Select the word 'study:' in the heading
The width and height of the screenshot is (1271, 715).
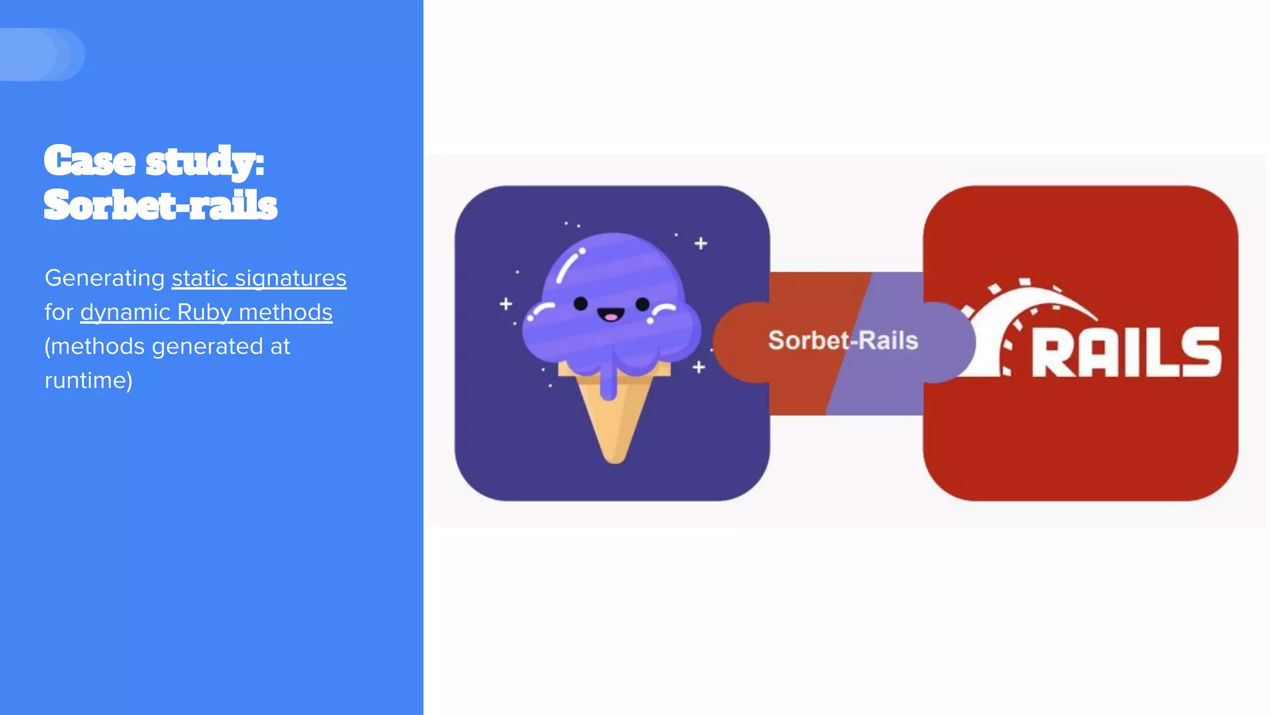(x=205, y=162)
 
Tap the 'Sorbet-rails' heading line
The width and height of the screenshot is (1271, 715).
(x=161, y=205)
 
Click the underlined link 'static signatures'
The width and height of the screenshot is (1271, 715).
(x=259, y=278)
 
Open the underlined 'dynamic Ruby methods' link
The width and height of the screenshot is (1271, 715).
(x=206, y=312)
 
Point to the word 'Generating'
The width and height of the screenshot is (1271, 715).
(x=104, y=278)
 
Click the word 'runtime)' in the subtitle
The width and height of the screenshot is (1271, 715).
(x=89, y=380)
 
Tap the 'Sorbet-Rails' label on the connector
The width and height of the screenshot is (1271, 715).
(x=843, y=341)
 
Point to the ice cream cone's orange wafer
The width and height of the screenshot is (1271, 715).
(x=614, y=422)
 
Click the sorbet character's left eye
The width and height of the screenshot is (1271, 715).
(x=580, y=304)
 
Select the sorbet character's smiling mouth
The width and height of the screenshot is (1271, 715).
(x=611, y=315)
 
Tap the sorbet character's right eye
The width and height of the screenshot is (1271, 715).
(x=642, y=304)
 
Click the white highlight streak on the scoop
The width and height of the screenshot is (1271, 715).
(x=568, y=266)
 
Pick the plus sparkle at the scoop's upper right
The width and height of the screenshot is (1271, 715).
(x=701, y=243)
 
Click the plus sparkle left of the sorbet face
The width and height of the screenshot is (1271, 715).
(x=506, y=304)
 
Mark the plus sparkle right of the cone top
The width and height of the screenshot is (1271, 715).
(x=699, y=367)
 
